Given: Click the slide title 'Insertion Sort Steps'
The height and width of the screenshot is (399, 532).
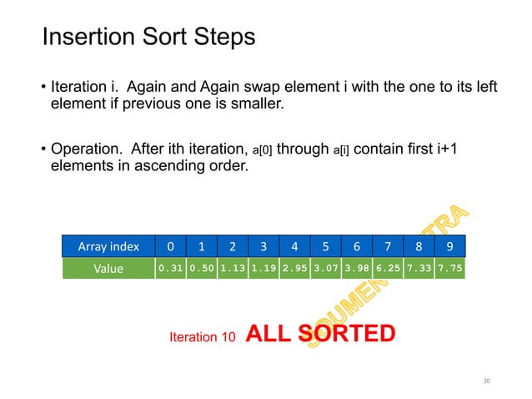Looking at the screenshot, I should coord(148,38).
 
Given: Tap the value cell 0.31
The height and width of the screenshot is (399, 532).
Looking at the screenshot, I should coord(171,269).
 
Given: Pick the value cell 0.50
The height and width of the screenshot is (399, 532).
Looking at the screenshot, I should coord(202,269).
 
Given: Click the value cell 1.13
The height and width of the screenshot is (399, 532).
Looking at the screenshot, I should coord(233,269).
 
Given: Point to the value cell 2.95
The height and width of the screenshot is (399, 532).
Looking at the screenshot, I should coord(294,269).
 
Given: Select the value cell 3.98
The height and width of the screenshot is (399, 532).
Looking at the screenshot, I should coord(356,269).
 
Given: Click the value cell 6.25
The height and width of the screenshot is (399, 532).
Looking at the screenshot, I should coord(387,269).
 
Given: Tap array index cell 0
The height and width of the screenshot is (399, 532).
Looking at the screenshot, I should coord(171,246).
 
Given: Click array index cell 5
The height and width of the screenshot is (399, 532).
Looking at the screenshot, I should coord(325,246).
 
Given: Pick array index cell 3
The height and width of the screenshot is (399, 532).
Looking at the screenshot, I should coord(263,246).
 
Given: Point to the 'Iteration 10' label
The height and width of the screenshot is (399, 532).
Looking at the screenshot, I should coord(197,337).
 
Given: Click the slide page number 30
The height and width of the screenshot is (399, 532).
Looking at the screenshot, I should coord(488,381).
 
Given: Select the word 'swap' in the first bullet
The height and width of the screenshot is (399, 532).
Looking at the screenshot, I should coord(289,87).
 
